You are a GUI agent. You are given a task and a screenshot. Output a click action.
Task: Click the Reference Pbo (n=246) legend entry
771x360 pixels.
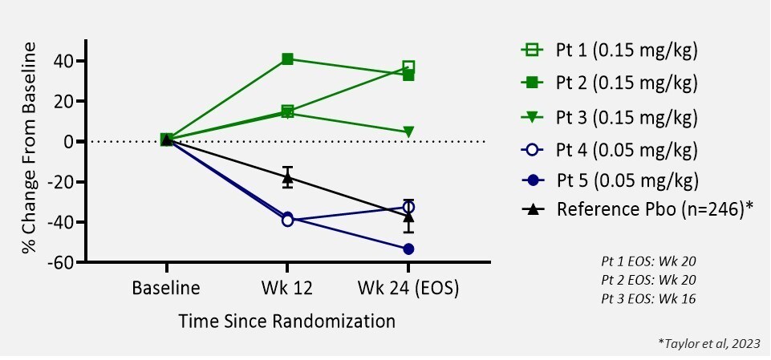[642, 209]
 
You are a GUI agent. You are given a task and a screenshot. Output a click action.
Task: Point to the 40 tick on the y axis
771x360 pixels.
[65, 62]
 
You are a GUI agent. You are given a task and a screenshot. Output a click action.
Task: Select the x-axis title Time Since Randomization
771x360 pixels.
[286, 322]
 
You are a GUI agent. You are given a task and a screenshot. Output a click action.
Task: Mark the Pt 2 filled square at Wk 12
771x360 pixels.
[287, 59]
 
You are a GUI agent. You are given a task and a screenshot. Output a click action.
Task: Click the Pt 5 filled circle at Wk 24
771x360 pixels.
[408, 249]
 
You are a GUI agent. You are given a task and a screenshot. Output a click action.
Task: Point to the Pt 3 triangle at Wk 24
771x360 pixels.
[408, 131]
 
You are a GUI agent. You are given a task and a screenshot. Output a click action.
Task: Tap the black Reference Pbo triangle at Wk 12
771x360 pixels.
[287, 176]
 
